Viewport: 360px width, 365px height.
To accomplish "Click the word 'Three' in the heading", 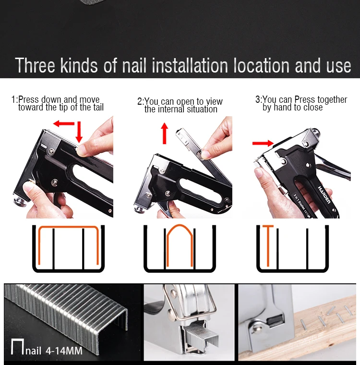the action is point(35,66).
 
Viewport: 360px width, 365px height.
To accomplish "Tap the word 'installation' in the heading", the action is point(190,66).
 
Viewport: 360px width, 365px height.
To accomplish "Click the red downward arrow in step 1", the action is point(79,132).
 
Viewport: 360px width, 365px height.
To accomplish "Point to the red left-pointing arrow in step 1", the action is point(64,123).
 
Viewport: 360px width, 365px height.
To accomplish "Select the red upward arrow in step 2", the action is point(165,134).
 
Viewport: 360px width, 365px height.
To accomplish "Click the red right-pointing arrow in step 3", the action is point(263,143).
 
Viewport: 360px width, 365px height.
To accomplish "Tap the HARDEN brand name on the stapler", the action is point(324,195).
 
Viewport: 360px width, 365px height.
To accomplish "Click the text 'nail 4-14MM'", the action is point(54,351).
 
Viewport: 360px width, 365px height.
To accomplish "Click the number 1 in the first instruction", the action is point(13,99).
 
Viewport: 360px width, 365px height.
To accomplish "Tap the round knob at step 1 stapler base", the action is point(20,201).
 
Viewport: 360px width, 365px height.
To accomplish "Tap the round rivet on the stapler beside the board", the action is point(255,329).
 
